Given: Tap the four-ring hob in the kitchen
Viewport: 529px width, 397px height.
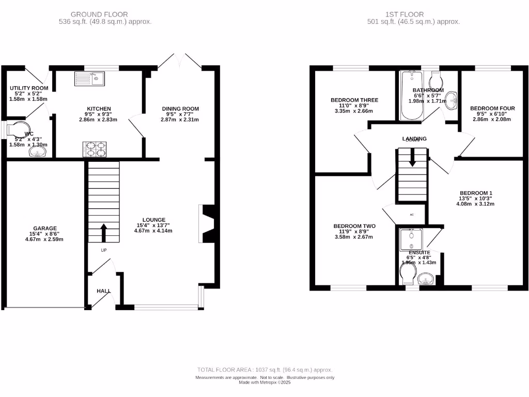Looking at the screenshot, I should tap(95, 149).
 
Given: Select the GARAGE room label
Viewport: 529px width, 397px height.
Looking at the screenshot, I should tap(45, 228).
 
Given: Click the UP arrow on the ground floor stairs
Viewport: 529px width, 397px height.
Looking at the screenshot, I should tap(103, 233).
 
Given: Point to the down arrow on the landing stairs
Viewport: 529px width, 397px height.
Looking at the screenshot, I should tap(412, 158).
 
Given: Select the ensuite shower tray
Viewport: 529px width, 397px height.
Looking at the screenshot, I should tap(411, 239).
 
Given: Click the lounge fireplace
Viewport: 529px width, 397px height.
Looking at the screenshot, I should tap(208, 223).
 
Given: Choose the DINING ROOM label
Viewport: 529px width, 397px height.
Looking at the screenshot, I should tap(180, 109).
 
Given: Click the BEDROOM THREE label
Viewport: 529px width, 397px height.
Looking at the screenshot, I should tap(354, 100).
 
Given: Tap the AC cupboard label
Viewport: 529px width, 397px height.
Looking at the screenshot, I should tap(412, 214).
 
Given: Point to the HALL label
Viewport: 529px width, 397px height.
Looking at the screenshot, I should tap(103, 291).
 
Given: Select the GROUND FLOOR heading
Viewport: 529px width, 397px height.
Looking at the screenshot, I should tap(99, 14).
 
